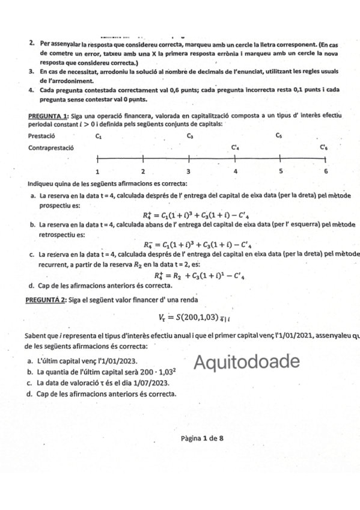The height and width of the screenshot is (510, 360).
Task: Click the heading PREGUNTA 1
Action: pos(47,115)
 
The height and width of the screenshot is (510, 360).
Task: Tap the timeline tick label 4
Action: pos(235,171)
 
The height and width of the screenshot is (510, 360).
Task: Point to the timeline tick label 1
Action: pos(97,171)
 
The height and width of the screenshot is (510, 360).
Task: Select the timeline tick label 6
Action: pos(326,171)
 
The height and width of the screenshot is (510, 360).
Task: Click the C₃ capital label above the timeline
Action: pos(189,136)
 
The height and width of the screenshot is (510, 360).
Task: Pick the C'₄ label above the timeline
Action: pos(235,147)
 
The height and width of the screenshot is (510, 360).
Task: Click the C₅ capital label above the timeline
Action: pos(279,136)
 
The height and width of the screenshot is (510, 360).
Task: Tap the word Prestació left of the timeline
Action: pos(41,137)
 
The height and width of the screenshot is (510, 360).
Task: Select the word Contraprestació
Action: pos(51,147)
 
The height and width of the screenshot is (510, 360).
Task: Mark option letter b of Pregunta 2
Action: pos(31,373)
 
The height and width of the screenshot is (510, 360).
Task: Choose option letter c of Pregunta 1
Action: pos(31,255)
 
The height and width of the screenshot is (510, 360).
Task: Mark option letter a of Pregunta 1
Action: pos(31,196)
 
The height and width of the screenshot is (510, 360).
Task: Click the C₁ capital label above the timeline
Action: pos(98,136)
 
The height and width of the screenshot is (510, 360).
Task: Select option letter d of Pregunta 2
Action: pos(31,393)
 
